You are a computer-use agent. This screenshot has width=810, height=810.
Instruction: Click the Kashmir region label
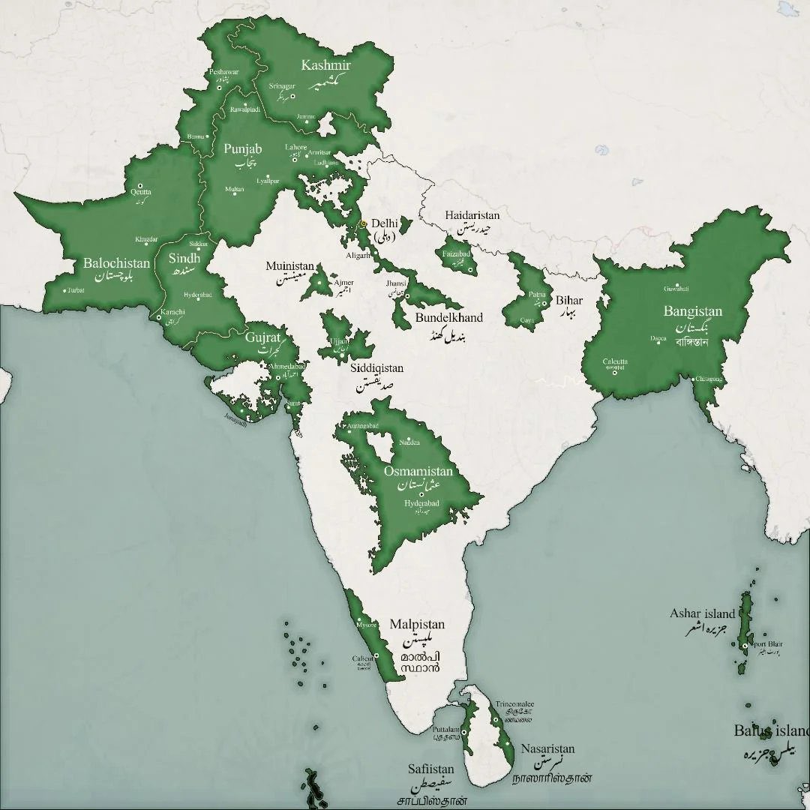click(326, 65)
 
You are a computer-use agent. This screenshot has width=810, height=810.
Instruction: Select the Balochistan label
click(116, 263)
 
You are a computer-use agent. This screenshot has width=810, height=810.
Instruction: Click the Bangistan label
click(692, 311)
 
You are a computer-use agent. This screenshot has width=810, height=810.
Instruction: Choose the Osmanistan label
click(418, 472)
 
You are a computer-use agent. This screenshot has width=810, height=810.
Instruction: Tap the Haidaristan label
click(472, 215)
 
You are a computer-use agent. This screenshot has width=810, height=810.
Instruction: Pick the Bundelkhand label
click(448, 317)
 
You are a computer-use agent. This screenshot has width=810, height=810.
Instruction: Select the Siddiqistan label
click(376, 368)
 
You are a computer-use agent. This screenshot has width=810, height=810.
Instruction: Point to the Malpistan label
click(417, 624)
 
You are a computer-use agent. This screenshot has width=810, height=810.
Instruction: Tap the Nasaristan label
click(547, 748)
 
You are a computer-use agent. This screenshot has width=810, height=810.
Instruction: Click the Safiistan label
click(430, 769)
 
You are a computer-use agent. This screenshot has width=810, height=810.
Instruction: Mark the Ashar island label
click(702, 613)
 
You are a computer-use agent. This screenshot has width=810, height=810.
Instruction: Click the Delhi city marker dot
click(363, 223)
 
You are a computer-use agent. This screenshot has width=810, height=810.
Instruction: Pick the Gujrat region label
click(262, 337)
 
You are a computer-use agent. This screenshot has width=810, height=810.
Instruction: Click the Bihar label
click(569, 301)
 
